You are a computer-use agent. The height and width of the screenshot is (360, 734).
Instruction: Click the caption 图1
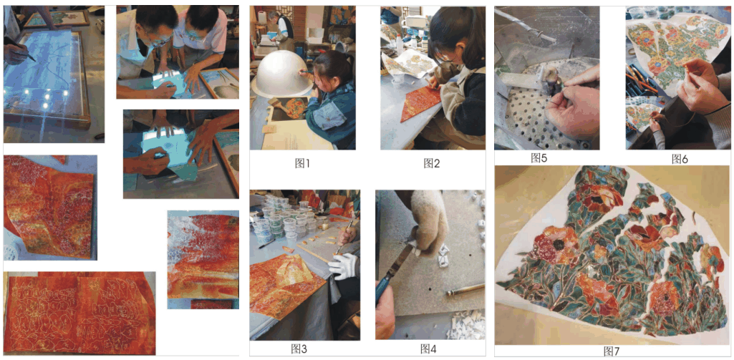coord(302,163)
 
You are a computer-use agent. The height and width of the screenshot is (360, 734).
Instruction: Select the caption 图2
coord(431,163)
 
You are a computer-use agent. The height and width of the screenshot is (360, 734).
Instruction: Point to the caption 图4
coord(428,348)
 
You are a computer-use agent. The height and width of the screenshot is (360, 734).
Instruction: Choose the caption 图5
coord(539,157)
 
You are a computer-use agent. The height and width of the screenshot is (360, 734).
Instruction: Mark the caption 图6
coord(680,159)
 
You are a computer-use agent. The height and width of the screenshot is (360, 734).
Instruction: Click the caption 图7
coord(611,351)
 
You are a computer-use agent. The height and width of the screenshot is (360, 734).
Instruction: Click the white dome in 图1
coord(282,74)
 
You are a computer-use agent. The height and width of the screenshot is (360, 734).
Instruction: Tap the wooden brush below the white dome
coord(278,106)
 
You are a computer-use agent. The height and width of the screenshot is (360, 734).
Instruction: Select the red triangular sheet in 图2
coord(420,103)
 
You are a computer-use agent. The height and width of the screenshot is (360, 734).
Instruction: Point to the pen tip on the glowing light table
coord(34,60)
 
